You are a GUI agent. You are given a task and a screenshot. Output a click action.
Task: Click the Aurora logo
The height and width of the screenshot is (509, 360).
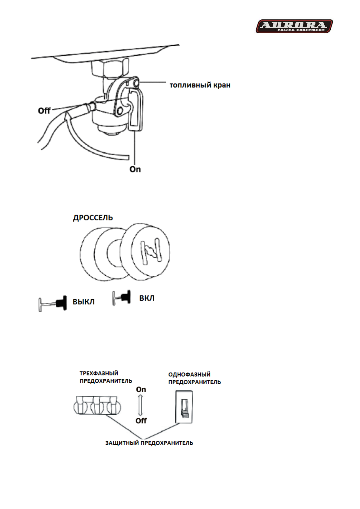(294, 26)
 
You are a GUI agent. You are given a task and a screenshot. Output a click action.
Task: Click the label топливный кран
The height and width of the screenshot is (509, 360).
(200, 85)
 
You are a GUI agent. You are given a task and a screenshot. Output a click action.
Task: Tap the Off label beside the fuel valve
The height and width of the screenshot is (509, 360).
(44, 111)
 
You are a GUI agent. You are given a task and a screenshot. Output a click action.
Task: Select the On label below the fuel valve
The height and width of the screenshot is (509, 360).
(135, 169)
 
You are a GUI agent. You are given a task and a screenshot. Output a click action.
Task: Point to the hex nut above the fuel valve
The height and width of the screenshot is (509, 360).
(110, 68)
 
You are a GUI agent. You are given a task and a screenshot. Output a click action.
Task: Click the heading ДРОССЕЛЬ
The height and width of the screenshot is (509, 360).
(93, 218)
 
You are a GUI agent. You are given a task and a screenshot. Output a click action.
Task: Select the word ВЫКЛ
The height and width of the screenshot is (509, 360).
(83, 302)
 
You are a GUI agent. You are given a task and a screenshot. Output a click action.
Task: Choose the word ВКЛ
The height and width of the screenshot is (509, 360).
(147, 298)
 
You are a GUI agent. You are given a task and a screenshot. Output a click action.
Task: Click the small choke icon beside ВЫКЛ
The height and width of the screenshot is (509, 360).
(53, 303)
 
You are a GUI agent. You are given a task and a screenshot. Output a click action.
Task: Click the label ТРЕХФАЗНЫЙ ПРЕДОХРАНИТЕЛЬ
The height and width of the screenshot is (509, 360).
(106, 377)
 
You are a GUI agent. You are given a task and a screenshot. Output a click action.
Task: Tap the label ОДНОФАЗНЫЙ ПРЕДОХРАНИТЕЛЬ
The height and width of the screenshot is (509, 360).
(195, 378)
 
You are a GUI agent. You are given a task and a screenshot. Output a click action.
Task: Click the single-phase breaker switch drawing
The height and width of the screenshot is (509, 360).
(184, 407)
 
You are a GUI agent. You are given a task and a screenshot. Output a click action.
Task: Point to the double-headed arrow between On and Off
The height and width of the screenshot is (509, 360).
(140, 405)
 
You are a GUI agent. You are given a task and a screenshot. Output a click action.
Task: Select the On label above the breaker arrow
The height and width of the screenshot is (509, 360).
(141, 390)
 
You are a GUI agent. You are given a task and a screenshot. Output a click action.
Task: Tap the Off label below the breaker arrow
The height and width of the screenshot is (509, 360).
(141, 421)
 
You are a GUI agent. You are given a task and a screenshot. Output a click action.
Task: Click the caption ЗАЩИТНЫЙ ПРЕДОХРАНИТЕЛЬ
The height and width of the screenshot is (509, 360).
(149, 443)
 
